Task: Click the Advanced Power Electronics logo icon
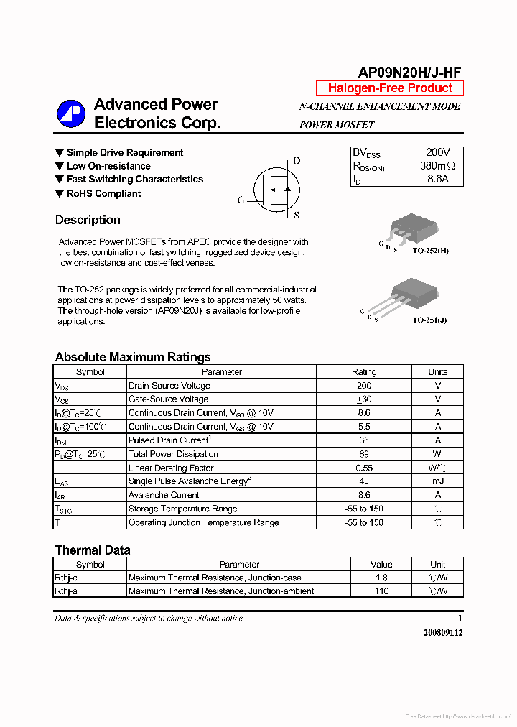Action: click(x=71, y=114)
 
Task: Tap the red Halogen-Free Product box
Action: click(x=390, y=88)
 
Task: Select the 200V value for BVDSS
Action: click(x=437, y=152)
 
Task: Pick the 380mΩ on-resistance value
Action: click(x=437, y=166)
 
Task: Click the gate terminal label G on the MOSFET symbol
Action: click(x=241, y=200)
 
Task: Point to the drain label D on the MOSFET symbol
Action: click(x=297, y=162)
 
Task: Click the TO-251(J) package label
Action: click(x=429, y=320)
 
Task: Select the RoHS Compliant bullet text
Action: click(x=103, y=193)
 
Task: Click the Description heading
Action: click(x=88, y=220)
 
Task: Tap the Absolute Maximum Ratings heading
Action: click(x=133, y=357)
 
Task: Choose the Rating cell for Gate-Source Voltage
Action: click(x=363, y=399)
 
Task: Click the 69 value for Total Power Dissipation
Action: click(x=363, y=454)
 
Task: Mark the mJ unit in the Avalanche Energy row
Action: click(x=437, y=481)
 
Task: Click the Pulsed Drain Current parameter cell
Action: click(x=169, y=440)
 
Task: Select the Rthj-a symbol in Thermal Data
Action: click(x=66, y=591)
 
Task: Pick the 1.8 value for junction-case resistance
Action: click(x=381, y=578)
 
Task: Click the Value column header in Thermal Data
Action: click(x=381, y=565)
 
